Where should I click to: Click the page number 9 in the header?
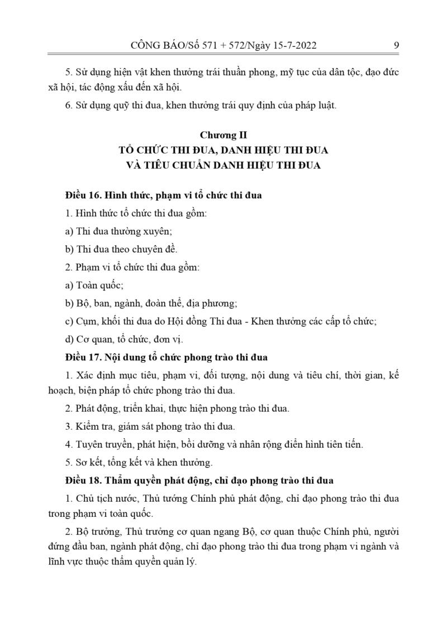pyautogui.click(x=396, y=45)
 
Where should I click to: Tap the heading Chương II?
pyautogui.click(x=223, y=135)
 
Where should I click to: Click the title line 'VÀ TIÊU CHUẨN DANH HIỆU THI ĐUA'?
pyautogui.click(x=223, y=166)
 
